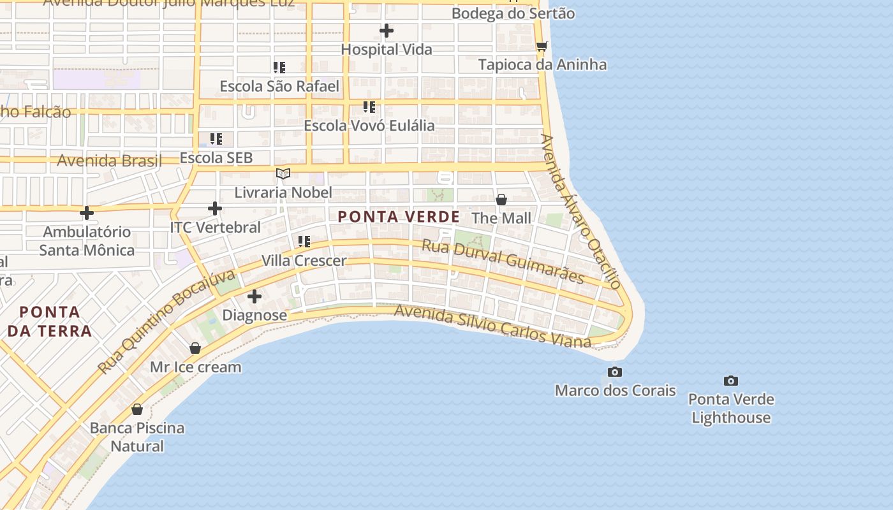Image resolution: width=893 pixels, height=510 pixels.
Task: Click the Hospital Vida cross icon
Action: coord(386,31)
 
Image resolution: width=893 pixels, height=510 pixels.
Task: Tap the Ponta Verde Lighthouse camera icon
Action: coord(730,381)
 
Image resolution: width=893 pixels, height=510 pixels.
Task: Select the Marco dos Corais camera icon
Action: coord(615,372)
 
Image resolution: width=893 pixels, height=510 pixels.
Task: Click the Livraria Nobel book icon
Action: coord(283,173)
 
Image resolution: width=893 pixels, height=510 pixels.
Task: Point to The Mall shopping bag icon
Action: coord(501,200)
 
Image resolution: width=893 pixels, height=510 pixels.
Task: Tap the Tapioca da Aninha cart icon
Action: coord(542,46)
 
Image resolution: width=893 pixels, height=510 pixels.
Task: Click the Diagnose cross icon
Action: coord(255,296)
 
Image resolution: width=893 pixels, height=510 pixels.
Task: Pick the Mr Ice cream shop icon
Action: coord(195,348)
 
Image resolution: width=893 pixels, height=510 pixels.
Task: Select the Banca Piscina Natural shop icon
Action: coord(137,409)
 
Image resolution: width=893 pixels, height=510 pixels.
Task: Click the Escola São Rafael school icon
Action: coord(279,67)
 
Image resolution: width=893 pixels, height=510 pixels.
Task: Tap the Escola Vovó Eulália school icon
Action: coord(369,106)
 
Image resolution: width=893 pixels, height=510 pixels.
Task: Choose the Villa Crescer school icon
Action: coord(304,242)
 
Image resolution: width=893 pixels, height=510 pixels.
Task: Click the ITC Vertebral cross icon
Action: coord(215,208)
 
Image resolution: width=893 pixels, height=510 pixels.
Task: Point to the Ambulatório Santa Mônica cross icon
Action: coord(87,213)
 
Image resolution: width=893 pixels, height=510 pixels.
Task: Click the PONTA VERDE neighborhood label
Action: coord(399,217)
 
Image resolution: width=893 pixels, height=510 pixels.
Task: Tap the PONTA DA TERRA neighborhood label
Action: coord(50,321)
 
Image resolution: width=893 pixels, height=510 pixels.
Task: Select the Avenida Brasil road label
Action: coord(109,160)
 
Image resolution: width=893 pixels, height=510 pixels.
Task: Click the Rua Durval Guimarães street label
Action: coord(503,261)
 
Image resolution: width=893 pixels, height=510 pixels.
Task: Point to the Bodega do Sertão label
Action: coord(513,13)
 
